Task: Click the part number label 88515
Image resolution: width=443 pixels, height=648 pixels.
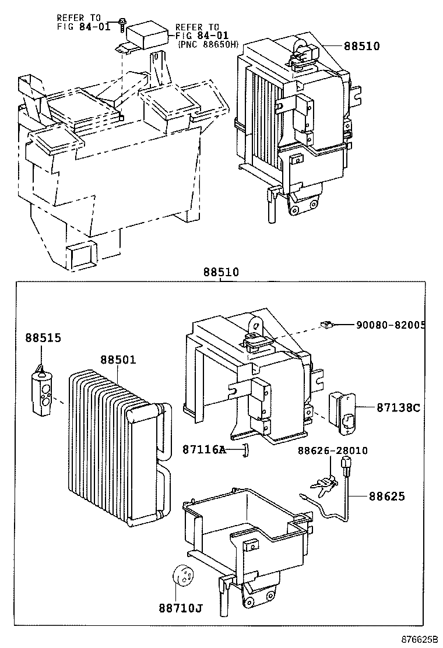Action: [x=42, y=337]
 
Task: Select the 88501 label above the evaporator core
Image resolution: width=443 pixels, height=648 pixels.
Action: [x=117, y=360]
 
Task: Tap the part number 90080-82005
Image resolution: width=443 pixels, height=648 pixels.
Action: [x=390, y=325]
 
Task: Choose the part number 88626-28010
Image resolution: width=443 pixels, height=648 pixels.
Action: [x=333, y=450]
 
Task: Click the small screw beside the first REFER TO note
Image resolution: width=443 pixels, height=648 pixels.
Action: [x=121, y=23]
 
